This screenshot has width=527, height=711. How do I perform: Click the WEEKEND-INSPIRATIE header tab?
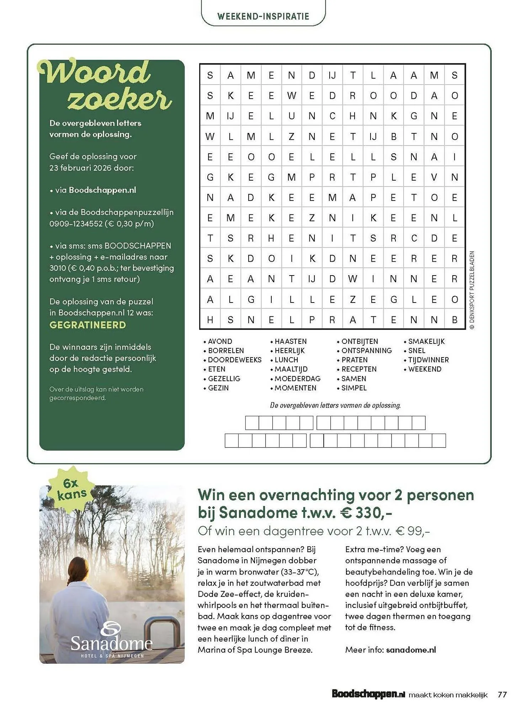pyautogui.click(x=263, y=16)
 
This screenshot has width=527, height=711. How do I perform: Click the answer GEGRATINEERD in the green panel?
pyautogui.click(x=87, y=325)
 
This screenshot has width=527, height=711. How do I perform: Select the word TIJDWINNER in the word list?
pyautogui.click(x=428, y=360)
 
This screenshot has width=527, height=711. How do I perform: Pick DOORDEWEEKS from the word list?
pyautogui.click(x=234, y=360)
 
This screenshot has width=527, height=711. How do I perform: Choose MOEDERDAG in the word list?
pyautogui.click(x=297, y=379)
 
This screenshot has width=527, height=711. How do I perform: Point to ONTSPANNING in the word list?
pyautogui.click(x=366, y=351)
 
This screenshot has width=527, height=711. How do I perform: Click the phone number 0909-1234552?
pyautogui.click(x=76, y=224)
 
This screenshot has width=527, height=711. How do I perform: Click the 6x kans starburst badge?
pyautogui.click(x=71, y=489)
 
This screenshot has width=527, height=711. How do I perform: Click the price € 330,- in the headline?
pyautogui.click(x=366, y=513)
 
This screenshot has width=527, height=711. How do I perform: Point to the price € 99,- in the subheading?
pyautogui.click(x=413, y=531)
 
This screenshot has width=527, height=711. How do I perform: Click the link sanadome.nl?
pyautogui.click(x=411, y=650)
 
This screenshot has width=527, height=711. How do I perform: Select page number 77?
pyautogui.click(x=502, y=694)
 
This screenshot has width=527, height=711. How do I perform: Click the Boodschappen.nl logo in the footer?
pyautogui.click(x=368, y=694)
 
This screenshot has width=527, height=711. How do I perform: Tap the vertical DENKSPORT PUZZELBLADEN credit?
pyautogui.click(x=472, y=290)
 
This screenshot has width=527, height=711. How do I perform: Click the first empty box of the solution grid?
pyautogui.click(x=252, y=423)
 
